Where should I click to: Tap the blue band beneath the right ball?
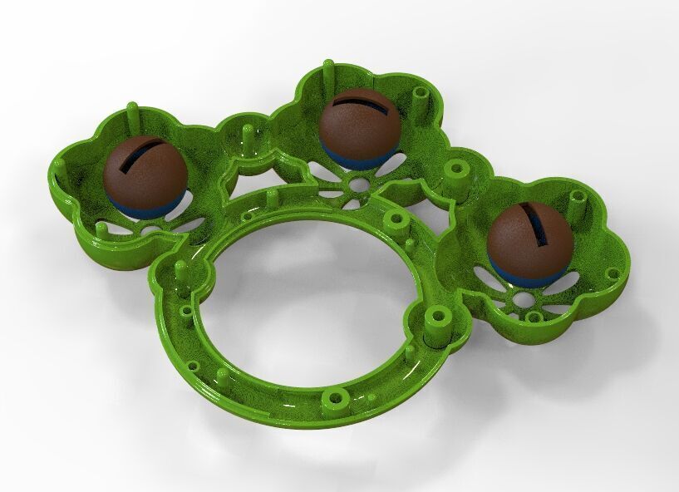click(x=515, y=271)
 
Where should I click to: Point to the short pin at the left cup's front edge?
click(x=101, y=226)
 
